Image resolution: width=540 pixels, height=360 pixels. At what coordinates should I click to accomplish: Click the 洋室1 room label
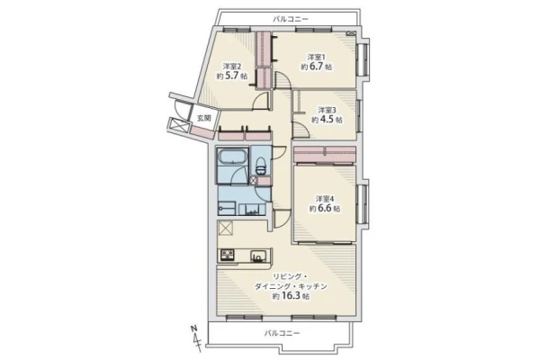pyautogui.click(x=317, y=56)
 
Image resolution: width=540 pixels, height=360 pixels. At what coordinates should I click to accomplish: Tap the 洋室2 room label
pyautogui.click(x=232, y=66)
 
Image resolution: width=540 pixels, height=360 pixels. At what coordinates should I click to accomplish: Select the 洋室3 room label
pyautogui.click(x=327, y=110)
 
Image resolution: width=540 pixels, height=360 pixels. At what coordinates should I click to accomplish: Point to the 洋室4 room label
pyautogui.click(x=325, y=199)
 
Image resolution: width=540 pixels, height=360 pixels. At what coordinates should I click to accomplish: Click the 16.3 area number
pyautogui.click(x=291, y=295)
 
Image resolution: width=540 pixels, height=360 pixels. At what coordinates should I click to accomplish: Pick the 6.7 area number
pyautogui.click(x=317, y=67)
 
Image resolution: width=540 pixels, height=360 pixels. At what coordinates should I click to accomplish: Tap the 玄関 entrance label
pyautogui.click(x=204, y=118)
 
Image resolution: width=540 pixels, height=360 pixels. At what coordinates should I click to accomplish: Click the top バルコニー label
pyautogui.click(x=291, y=19)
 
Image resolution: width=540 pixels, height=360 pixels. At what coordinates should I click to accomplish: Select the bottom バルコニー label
pyautogui.click(x=282, y=333)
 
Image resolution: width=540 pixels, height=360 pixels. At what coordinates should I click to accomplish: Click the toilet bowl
pyautogui.click(x=261, y=166)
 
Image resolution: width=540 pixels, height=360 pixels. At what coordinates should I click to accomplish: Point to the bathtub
pyautogui.click(x=233, y=158)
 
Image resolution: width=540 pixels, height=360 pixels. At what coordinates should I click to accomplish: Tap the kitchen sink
pyautogui.click(x=258, y=256)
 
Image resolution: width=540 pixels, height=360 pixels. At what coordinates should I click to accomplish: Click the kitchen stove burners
pyautogui.click(x=228, y=256)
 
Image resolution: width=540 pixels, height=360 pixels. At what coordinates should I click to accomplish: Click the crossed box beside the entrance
pyautogui.click(x=179, y=125)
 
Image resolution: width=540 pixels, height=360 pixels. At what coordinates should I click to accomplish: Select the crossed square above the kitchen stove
pyautogui.click(x=226, y=228)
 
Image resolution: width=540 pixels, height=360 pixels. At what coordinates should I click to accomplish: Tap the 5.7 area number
pyautogui.click(x=232, y=76)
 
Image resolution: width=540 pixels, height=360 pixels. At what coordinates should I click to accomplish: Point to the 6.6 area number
pyautogui.click(x=325, y=209)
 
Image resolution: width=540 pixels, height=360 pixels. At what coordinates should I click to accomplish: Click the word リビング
pyautogui.click(x=286, y=276)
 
